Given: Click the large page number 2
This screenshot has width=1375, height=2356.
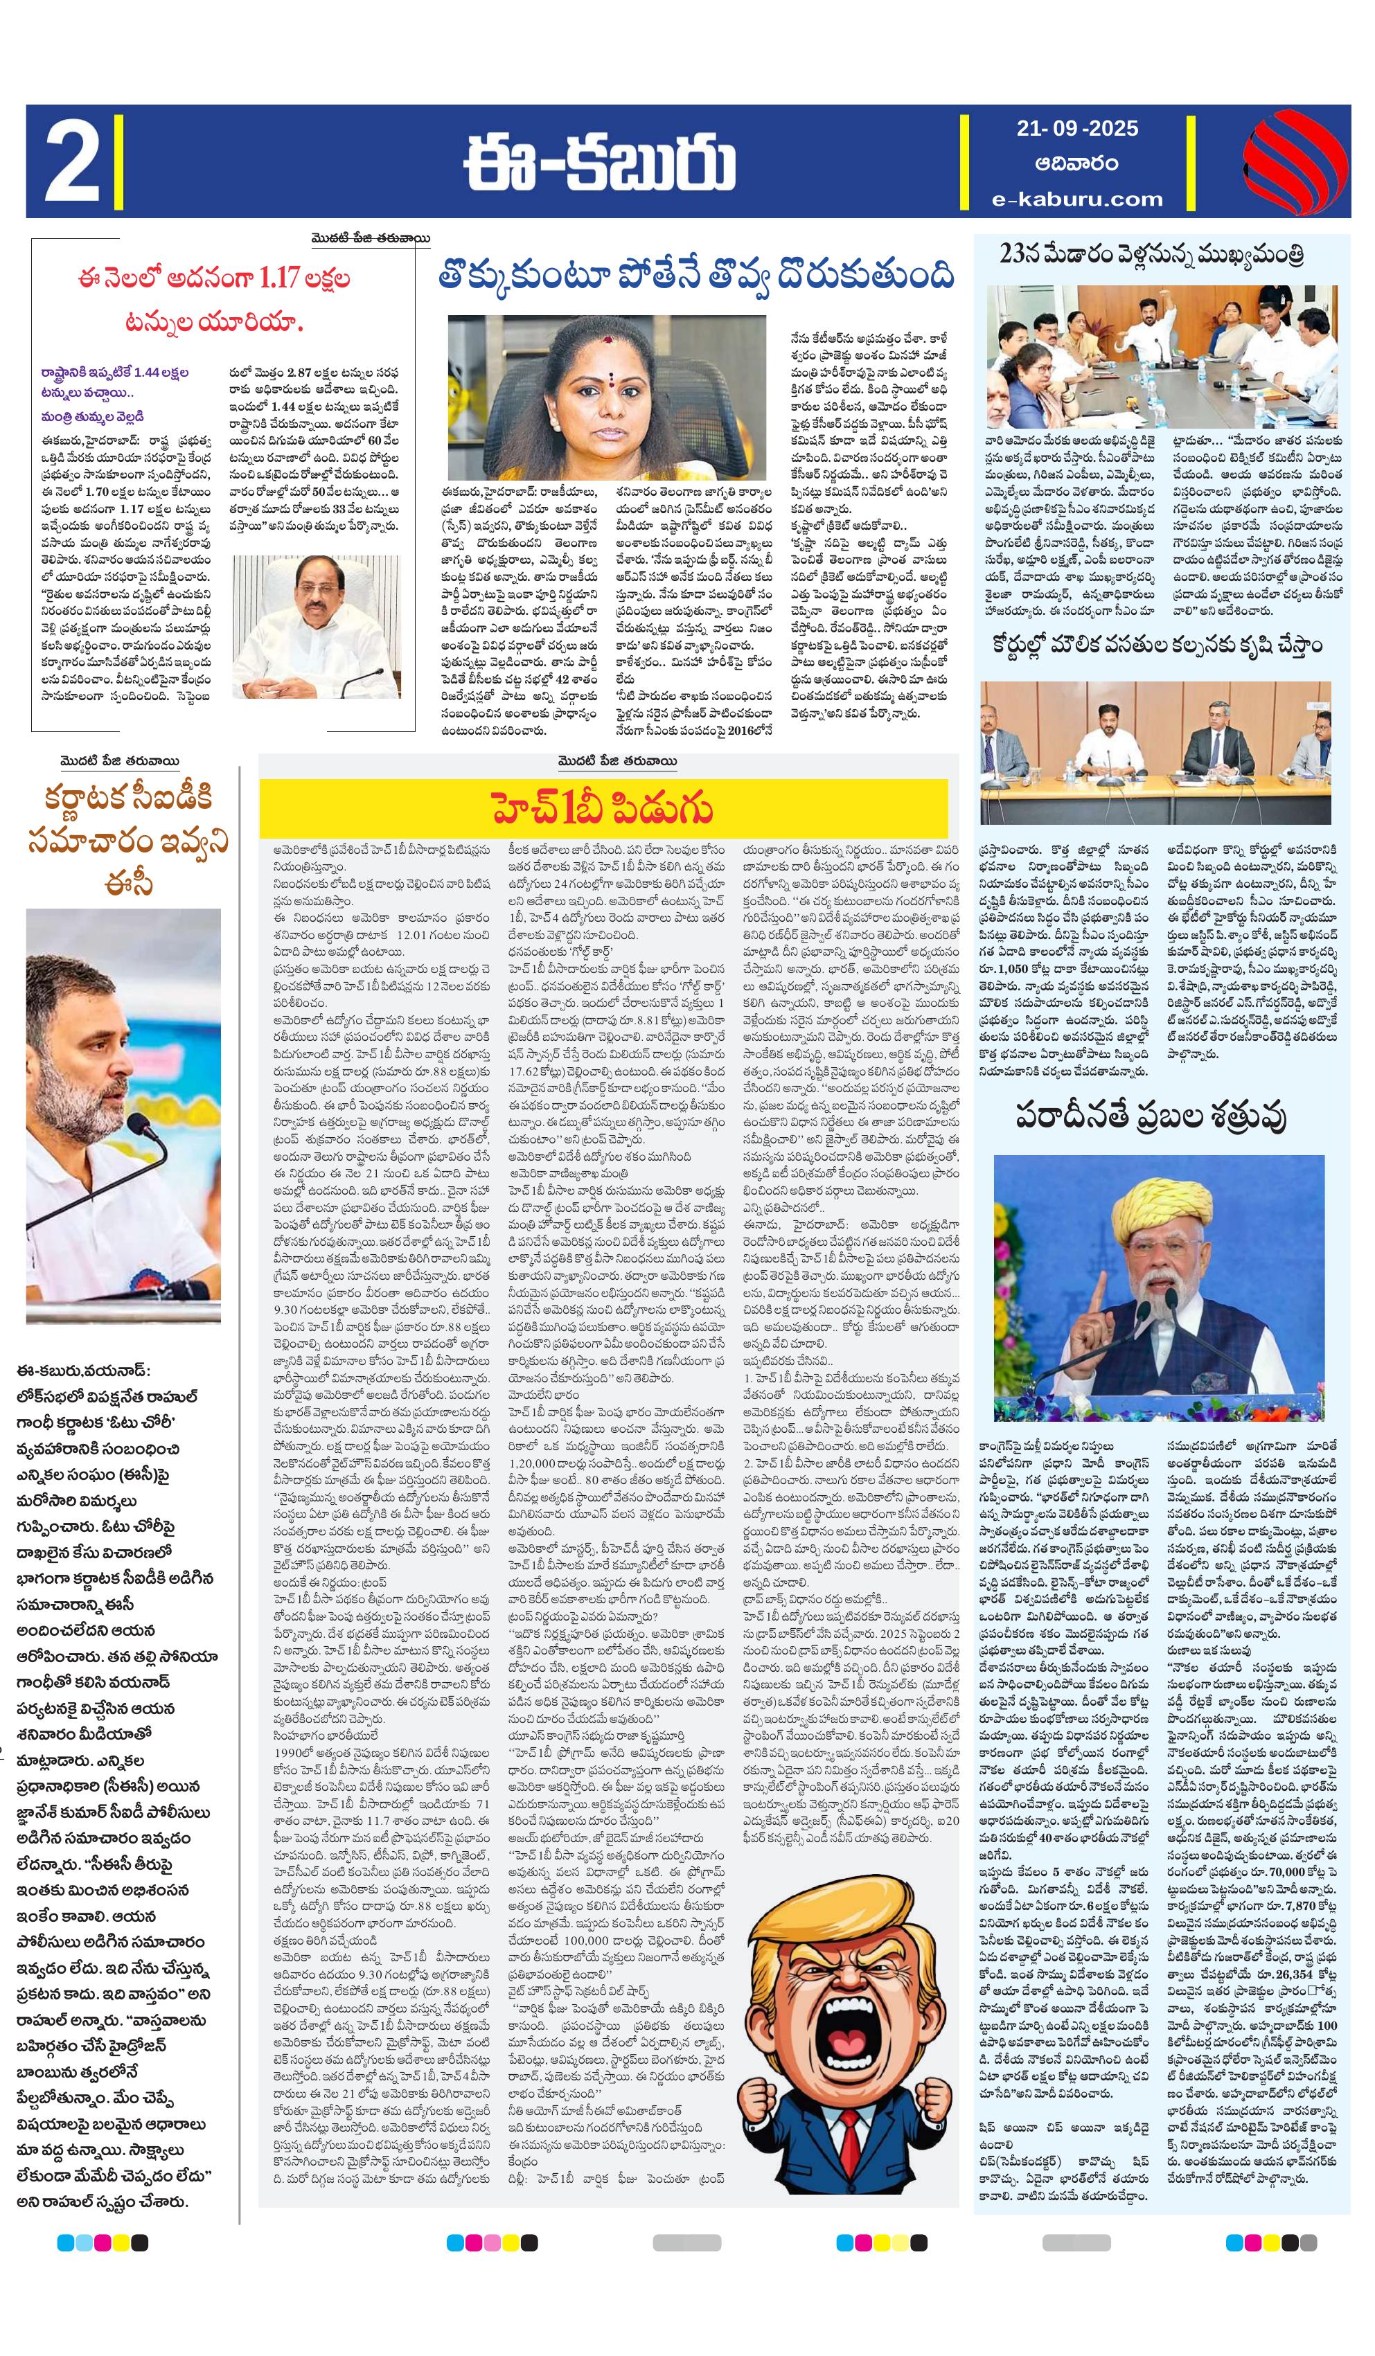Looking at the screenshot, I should point(72,161).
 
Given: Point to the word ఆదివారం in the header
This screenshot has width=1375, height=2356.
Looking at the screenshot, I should point(1076,163).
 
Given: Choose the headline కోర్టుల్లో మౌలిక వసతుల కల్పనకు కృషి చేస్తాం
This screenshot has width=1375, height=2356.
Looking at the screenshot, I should point(1157,646).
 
